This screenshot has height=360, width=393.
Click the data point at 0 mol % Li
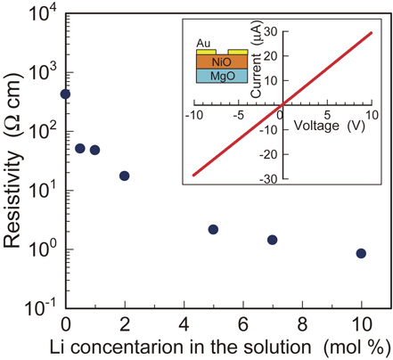pyautogui.click(x=65, y=94)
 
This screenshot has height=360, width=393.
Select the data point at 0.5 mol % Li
pyautogui.click(x=80, y=148)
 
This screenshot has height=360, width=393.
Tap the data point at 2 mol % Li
pyautogui.click(x=124, y=176)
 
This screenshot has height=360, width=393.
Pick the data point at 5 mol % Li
pyautogui.click(x=213, y=229)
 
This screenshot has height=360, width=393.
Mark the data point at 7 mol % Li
pyautogui.click(x=273, y=240)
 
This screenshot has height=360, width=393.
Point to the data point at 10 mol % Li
pyautogui.click(x=361, y=253)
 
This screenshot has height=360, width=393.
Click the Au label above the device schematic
pyautogui.click(x=204, y=41)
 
